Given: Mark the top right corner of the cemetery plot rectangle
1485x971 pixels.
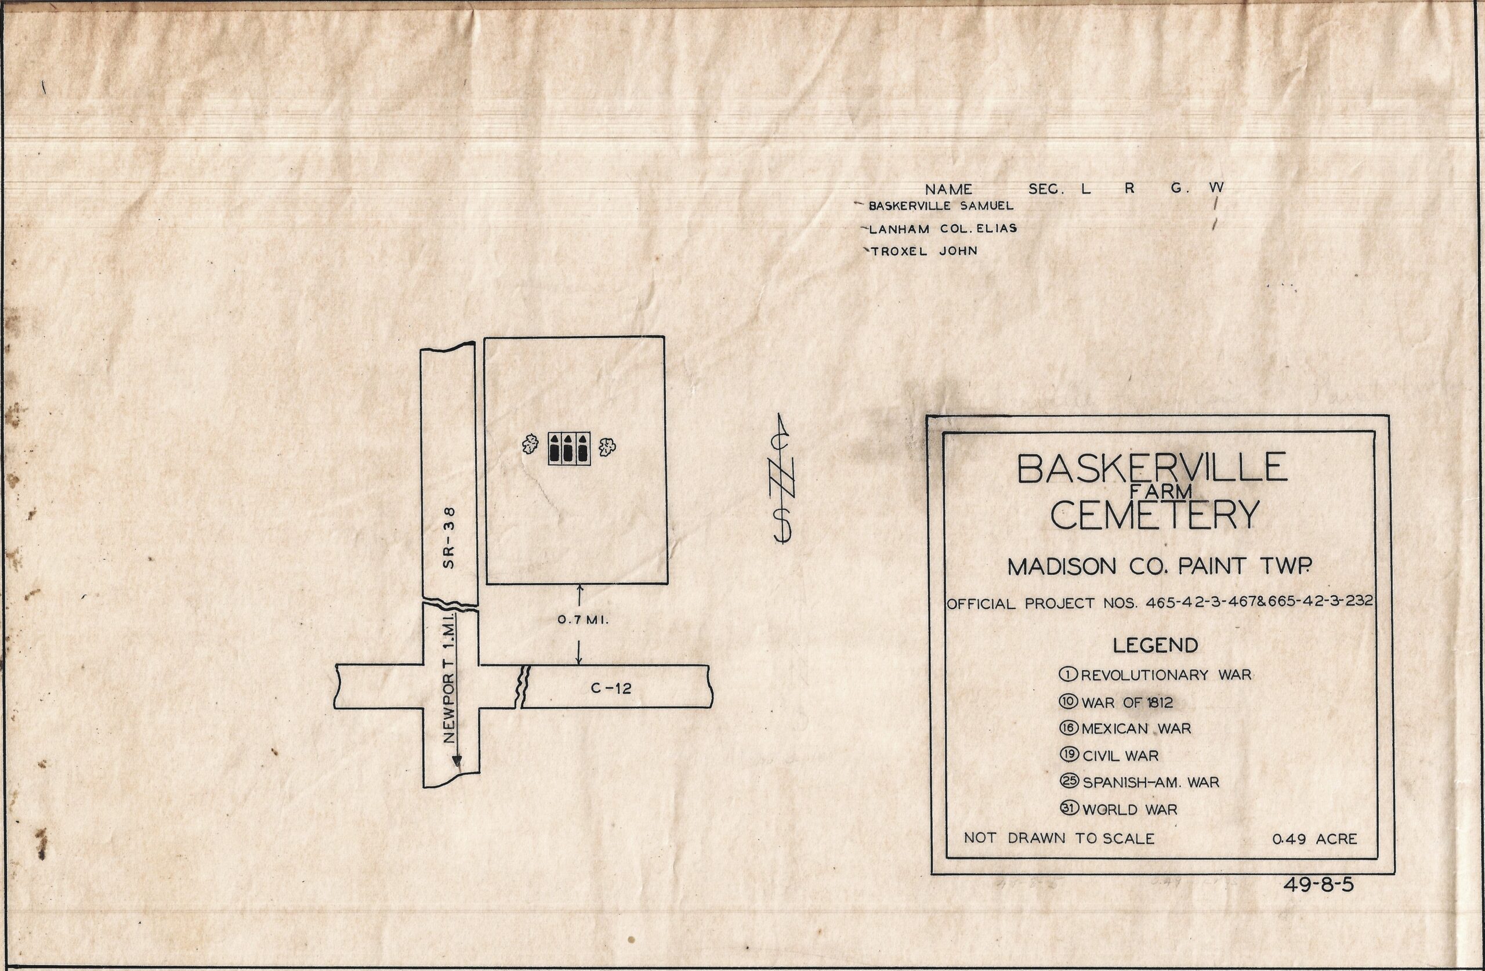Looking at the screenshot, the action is (664, 337).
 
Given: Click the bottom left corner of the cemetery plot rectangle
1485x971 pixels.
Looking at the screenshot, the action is (487, 584).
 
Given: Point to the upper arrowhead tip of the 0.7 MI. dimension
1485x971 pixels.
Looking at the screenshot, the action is (579, 585).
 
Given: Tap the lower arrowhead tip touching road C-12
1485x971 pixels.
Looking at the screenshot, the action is (579, 665).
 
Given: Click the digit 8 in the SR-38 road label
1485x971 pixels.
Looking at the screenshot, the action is (449, 512).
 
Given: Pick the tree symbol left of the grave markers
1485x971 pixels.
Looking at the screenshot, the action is (530, 445).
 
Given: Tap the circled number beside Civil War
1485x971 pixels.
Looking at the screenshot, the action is (1069, 754).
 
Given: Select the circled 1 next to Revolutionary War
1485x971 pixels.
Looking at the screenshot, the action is (1068, 674).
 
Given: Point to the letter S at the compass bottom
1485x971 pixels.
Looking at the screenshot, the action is (783, 525).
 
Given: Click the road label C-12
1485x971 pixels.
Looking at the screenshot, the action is (611, 689).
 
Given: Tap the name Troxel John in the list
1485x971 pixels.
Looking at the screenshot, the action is (924, 251).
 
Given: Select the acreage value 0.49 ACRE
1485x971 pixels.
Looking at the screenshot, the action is (1314, 839).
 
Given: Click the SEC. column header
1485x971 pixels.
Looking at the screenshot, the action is (1046, 189).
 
